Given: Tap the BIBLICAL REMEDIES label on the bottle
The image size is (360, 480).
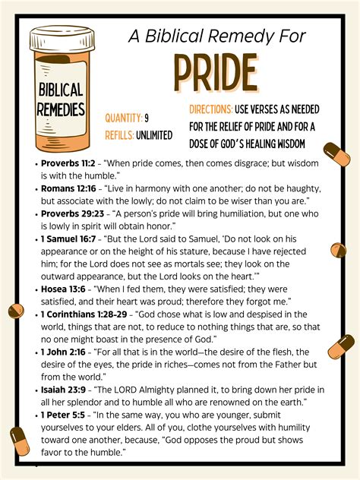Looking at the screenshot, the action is (61, 99).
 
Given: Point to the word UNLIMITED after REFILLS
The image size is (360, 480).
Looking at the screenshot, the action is (156, 134).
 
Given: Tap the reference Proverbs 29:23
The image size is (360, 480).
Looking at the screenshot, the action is (72, 213).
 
